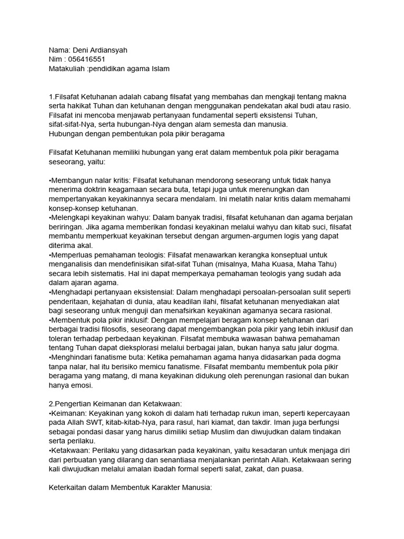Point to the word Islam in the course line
(160, 69)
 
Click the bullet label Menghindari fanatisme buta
(95, 357)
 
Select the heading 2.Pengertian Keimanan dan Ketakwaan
(115, 404)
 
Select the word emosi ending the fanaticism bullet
(79, 385)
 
